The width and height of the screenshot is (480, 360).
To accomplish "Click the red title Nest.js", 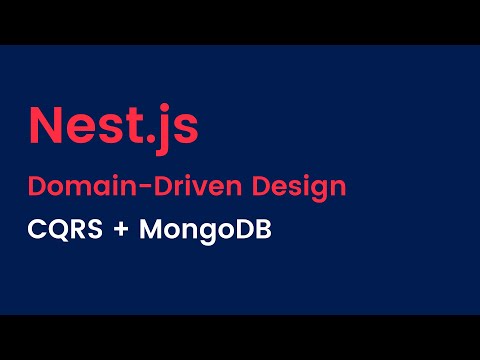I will (112, 126).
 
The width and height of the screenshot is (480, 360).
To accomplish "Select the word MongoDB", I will (205, 230).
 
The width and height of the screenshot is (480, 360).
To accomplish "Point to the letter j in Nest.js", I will (160, 128).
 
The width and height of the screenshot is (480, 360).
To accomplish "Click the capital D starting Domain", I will (35, 186).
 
